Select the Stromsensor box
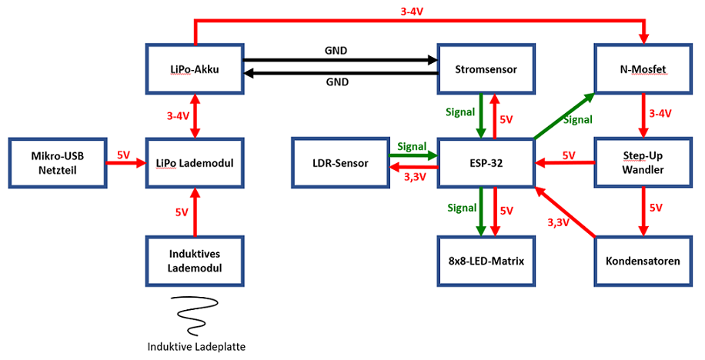pos(485,70)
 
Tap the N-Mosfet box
pos(642,70)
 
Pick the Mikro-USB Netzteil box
pos(56,163)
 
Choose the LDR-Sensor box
pos(339,163)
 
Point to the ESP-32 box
pos(485,163)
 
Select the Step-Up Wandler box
pos(642,163)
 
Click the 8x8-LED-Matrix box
pos(485,261)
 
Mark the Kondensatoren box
pos(642,261)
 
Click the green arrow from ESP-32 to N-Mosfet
pos(563,117)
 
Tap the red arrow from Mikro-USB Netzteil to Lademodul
pos(125,163)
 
